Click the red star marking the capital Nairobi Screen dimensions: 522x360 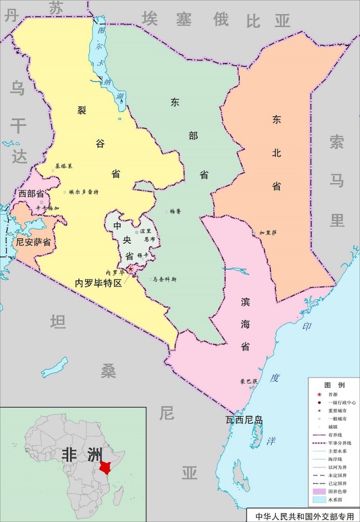click(x=131, y=269)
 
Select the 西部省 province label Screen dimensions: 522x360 click(x=31, y=194)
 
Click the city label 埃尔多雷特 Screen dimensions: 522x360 click(x=84, y=192)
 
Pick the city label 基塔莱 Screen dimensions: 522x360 click(x=64, y=166)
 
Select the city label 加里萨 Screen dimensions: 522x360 click(x=268, y=232)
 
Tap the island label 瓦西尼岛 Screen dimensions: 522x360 click(x=244, y=420)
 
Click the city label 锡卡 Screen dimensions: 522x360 click(x=143, y=255)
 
